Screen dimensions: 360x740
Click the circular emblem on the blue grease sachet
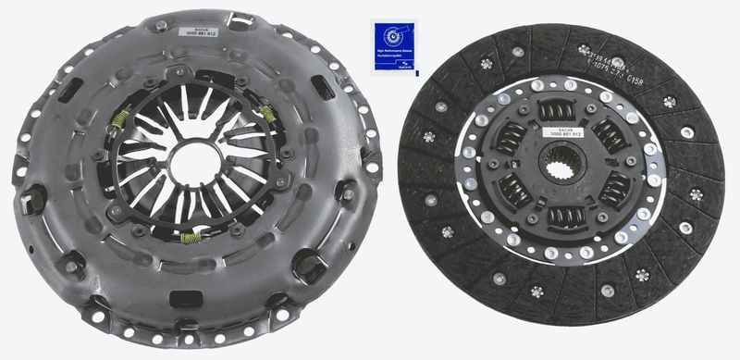click(394, 36)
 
